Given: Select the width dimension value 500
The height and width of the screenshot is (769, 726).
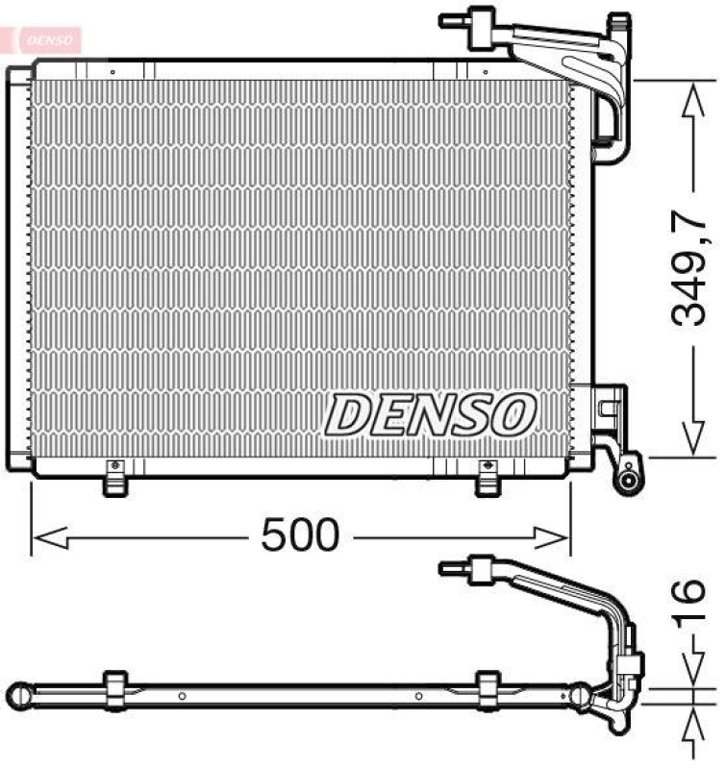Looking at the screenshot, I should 300,534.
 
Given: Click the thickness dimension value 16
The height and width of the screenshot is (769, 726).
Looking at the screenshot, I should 689,605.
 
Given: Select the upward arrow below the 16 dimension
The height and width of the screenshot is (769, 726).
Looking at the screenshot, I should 690,726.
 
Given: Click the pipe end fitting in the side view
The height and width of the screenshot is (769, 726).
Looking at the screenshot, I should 458,568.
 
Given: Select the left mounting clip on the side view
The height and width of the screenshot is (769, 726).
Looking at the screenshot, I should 114,686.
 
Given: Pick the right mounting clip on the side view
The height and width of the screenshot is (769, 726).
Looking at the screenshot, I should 488,686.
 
